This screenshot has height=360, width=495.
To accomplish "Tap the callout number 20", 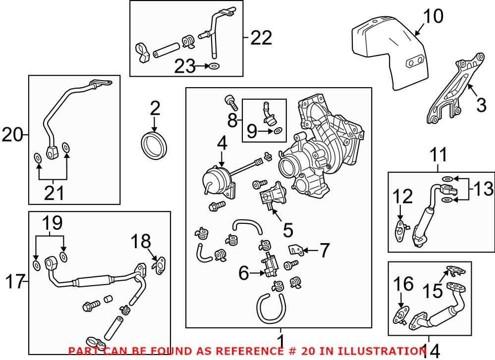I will tap(13, 134).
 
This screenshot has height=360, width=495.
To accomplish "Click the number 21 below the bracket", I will tap(54, 193).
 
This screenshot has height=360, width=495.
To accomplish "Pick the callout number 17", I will tap(14, 282).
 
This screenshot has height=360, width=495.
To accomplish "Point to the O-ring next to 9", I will tap(278, 131).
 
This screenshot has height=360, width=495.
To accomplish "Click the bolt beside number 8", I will tap(230, 102).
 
